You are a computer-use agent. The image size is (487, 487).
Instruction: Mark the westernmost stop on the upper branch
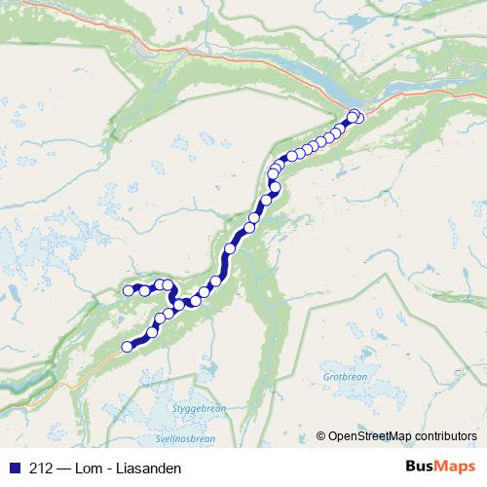tap(128, 289)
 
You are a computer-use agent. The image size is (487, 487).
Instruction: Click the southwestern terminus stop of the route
tap(126, 346)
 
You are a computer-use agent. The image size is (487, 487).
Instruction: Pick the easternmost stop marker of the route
tap(358, 118)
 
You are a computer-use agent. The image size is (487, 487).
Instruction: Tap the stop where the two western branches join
tap(178, 304)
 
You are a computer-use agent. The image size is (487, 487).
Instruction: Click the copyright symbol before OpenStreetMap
tap(321, 435)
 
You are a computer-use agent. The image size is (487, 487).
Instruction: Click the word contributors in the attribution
tap(446, 435)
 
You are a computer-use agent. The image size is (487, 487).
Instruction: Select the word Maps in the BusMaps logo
tap(453, 468)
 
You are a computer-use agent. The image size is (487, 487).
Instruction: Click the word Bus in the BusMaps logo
tap(420, 468)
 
